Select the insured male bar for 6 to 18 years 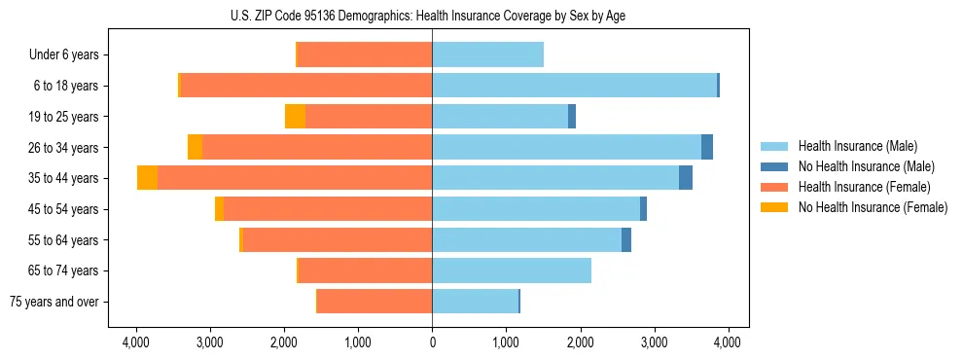click(x=574, y=86)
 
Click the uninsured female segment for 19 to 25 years click(x=295, y=117)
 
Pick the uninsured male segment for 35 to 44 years click(x=686, y=178)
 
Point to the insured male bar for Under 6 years click(x=487, y=54)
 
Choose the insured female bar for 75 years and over click(x=374, y=302)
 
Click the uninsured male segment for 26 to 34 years click(x=707, y=147)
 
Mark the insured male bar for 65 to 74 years click(x=512, y=270)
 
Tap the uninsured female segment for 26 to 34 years click(x=195, y=147)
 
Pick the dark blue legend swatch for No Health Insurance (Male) click(x=774, y=166)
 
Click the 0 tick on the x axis click(x=432, y=342)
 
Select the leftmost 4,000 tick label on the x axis click(x=136, y=342)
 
